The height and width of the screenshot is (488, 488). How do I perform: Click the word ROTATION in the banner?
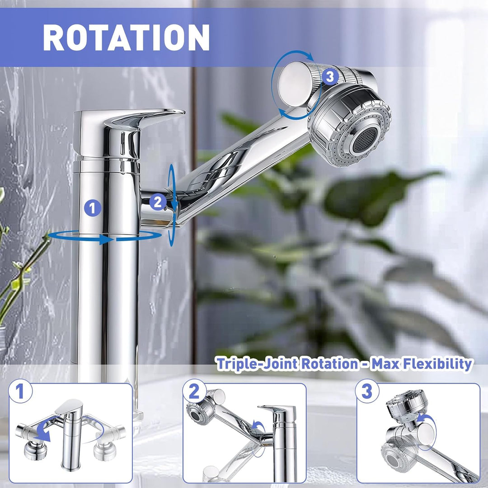(126, 37)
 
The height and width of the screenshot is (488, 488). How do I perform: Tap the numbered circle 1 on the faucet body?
(93, 208)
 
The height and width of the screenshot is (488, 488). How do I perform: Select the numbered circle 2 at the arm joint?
(158, 202)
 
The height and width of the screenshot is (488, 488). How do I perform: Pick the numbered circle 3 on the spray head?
(330, 76)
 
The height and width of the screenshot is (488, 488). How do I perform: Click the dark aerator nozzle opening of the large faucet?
(365, 140)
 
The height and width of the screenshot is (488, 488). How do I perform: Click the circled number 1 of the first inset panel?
(20, 391)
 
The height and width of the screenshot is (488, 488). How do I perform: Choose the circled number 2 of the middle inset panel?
(194, 391)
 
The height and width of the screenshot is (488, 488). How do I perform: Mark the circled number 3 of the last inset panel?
(367, 391)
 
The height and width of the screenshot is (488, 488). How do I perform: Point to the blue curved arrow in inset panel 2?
(259, 427)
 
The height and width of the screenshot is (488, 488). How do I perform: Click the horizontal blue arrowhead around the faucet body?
(106, 239)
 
